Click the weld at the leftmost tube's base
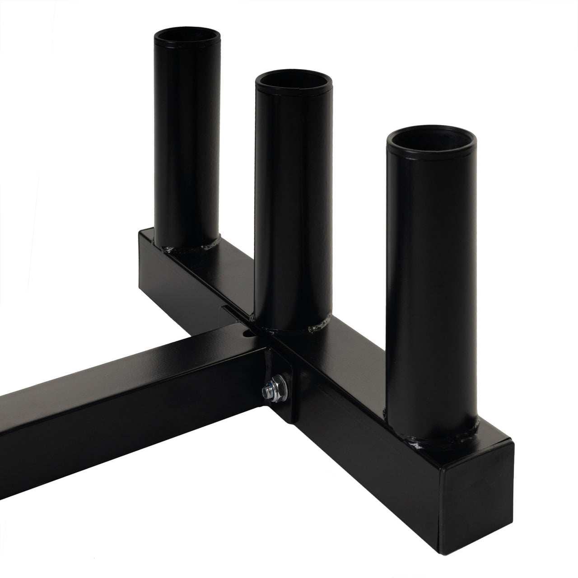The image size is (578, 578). click(x=190, y=247)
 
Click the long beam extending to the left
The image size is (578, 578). click(x=113, y=406)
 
